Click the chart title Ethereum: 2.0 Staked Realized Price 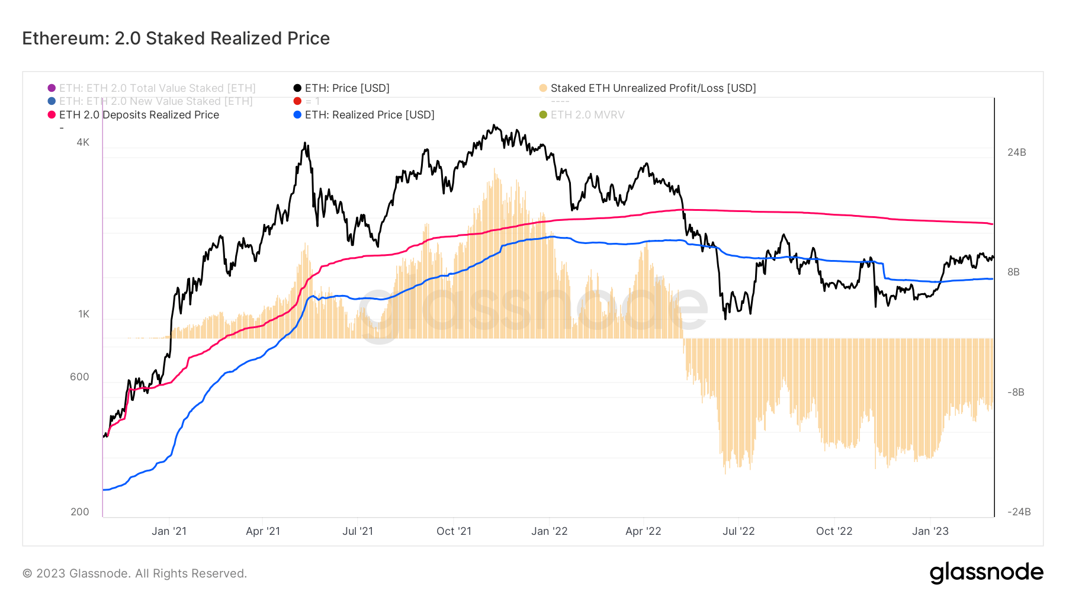point(176,38)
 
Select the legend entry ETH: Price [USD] point(346,88)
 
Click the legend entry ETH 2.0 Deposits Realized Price point(139,115)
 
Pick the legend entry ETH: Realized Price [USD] point(369,115)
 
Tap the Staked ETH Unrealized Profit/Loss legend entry point(653,88)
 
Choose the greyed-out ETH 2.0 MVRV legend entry point(587,115)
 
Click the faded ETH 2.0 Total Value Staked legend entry point(157,88)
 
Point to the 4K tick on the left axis point(83,142)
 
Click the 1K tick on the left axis point(84,314)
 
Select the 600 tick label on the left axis point(79,377)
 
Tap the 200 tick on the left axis point(80,512)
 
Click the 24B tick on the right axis point(1016,152)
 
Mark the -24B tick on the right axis point(1019,512)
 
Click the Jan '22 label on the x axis point(549,531)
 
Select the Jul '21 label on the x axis point(358,531)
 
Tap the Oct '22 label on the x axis point(834,531)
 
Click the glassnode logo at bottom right point(986,573)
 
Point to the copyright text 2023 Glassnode point(134,573)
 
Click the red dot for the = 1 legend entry point(297,101)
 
